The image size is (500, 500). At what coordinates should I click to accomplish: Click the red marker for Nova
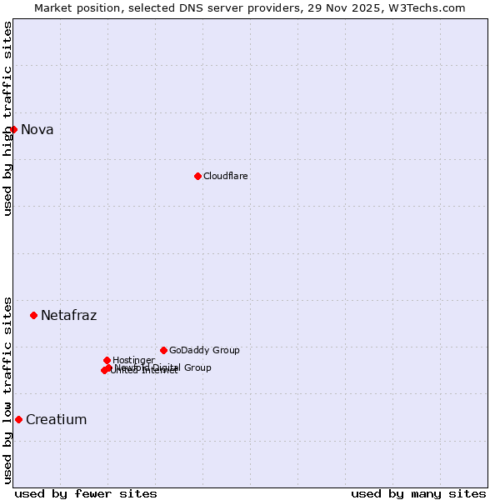click(x=13, y=129)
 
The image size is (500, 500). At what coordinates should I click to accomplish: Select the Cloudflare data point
click(x=197, y=176)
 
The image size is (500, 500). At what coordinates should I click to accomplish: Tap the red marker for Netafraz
click(x=33, y=315)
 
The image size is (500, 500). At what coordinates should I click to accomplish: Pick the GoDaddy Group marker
click(x=163, y=350)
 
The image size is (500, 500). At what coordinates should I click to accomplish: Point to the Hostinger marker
click(x=107, y=360)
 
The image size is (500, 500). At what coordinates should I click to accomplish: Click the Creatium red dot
click(x=18, y=419)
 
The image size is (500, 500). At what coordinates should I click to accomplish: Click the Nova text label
click(x=37, y=129)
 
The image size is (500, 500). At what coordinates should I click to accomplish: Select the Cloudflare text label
click(x=226, y=176)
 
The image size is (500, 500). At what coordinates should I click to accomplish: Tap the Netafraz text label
click(x=68, y=315)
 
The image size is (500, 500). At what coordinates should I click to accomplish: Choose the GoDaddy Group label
click(x=204, y=350)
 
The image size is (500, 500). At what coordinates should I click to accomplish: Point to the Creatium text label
click(x=56, y=419)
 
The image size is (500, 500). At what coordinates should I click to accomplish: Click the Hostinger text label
click(x=133, y=360)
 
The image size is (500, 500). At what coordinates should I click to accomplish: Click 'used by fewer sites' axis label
click(x=86, y=493)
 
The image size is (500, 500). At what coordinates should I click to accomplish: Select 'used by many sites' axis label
click(x=418, y=493)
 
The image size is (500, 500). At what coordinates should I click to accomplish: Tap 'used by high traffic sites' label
click(x=7, y=118)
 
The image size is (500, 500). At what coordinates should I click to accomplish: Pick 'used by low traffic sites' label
click(x=7, y=389)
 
